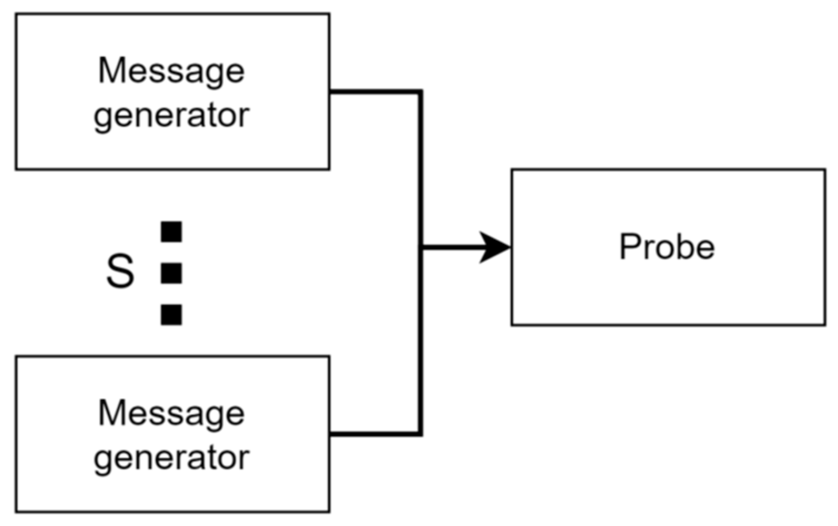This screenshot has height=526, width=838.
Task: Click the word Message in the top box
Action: pos(171,71)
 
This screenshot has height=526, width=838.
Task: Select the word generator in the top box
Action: pos(171,116)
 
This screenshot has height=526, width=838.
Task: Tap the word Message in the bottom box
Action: pos(171,414)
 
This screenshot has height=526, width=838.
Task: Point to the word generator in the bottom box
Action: pos(171,458)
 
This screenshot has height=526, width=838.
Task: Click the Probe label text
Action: pos(667,246)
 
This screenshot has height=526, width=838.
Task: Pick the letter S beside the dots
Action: pos(120,271)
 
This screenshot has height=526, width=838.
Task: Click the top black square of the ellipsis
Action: pos(171,232)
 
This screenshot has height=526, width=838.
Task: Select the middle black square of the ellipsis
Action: pos(171,274)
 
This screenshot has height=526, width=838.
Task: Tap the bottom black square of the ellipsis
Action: pos(171,315)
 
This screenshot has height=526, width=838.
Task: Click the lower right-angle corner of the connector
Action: pos(420,433)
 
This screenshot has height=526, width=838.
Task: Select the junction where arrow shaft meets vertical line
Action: pos(421,247)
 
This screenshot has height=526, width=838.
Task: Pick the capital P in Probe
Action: pos(629,246)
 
